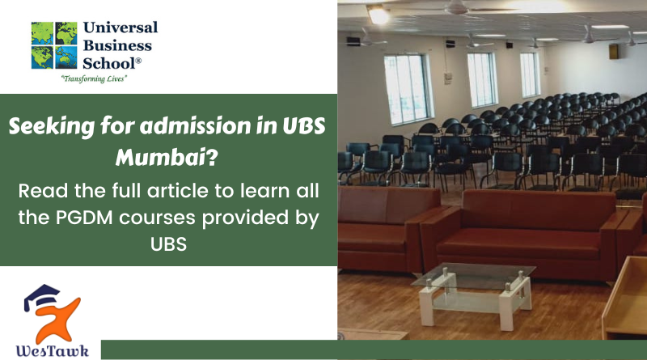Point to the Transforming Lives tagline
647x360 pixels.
(95, 79)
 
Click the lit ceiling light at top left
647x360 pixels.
(378, 14)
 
